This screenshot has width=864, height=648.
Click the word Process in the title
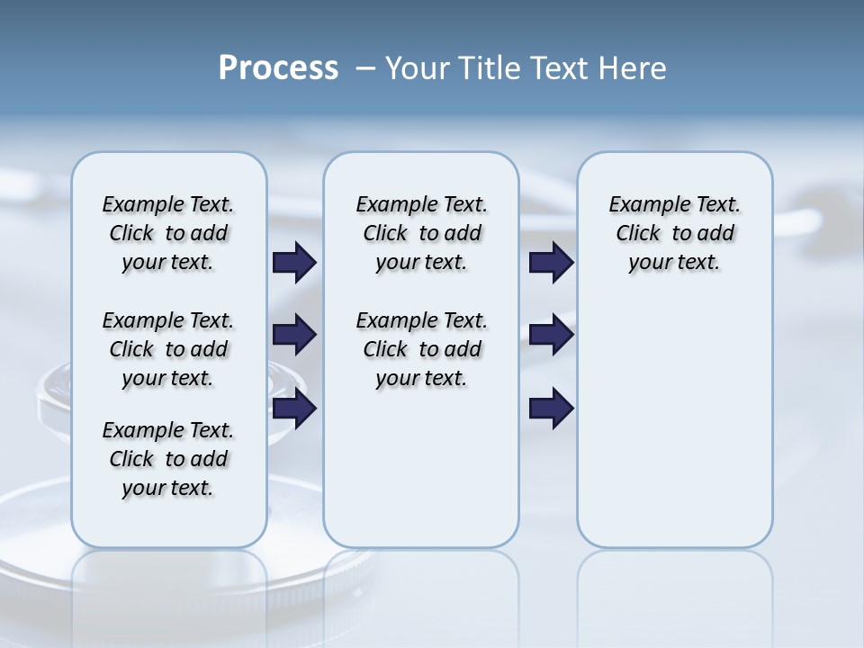click(278, 68)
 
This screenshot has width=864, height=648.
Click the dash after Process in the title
click(364, 69)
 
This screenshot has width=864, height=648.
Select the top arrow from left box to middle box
click(294, 263)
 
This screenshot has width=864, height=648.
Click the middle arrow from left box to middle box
click(294, 336)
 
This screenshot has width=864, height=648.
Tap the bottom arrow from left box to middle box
click(294, 409)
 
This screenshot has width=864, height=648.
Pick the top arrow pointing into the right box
click(551, 263)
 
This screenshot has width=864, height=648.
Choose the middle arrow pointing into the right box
click(551, 336)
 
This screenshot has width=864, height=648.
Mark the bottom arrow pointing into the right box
click(551, 409)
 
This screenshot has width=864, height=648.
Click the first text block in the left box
click(168, 233)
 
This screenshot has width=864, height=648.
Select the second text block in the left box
click(168, 349)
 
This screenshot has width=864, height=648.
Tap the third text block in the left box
click(168, 459)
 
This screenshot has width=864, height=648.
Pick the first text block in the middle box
click(421, 233)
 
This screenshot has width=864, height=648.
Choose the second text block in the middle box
click(421, 349)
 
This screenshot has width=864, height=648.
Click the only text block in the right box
click(674, 233)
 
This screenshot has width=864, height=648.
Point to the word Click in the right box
click(638, 234)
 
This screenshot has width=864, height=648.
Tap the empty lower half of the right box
click(674, 432)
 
